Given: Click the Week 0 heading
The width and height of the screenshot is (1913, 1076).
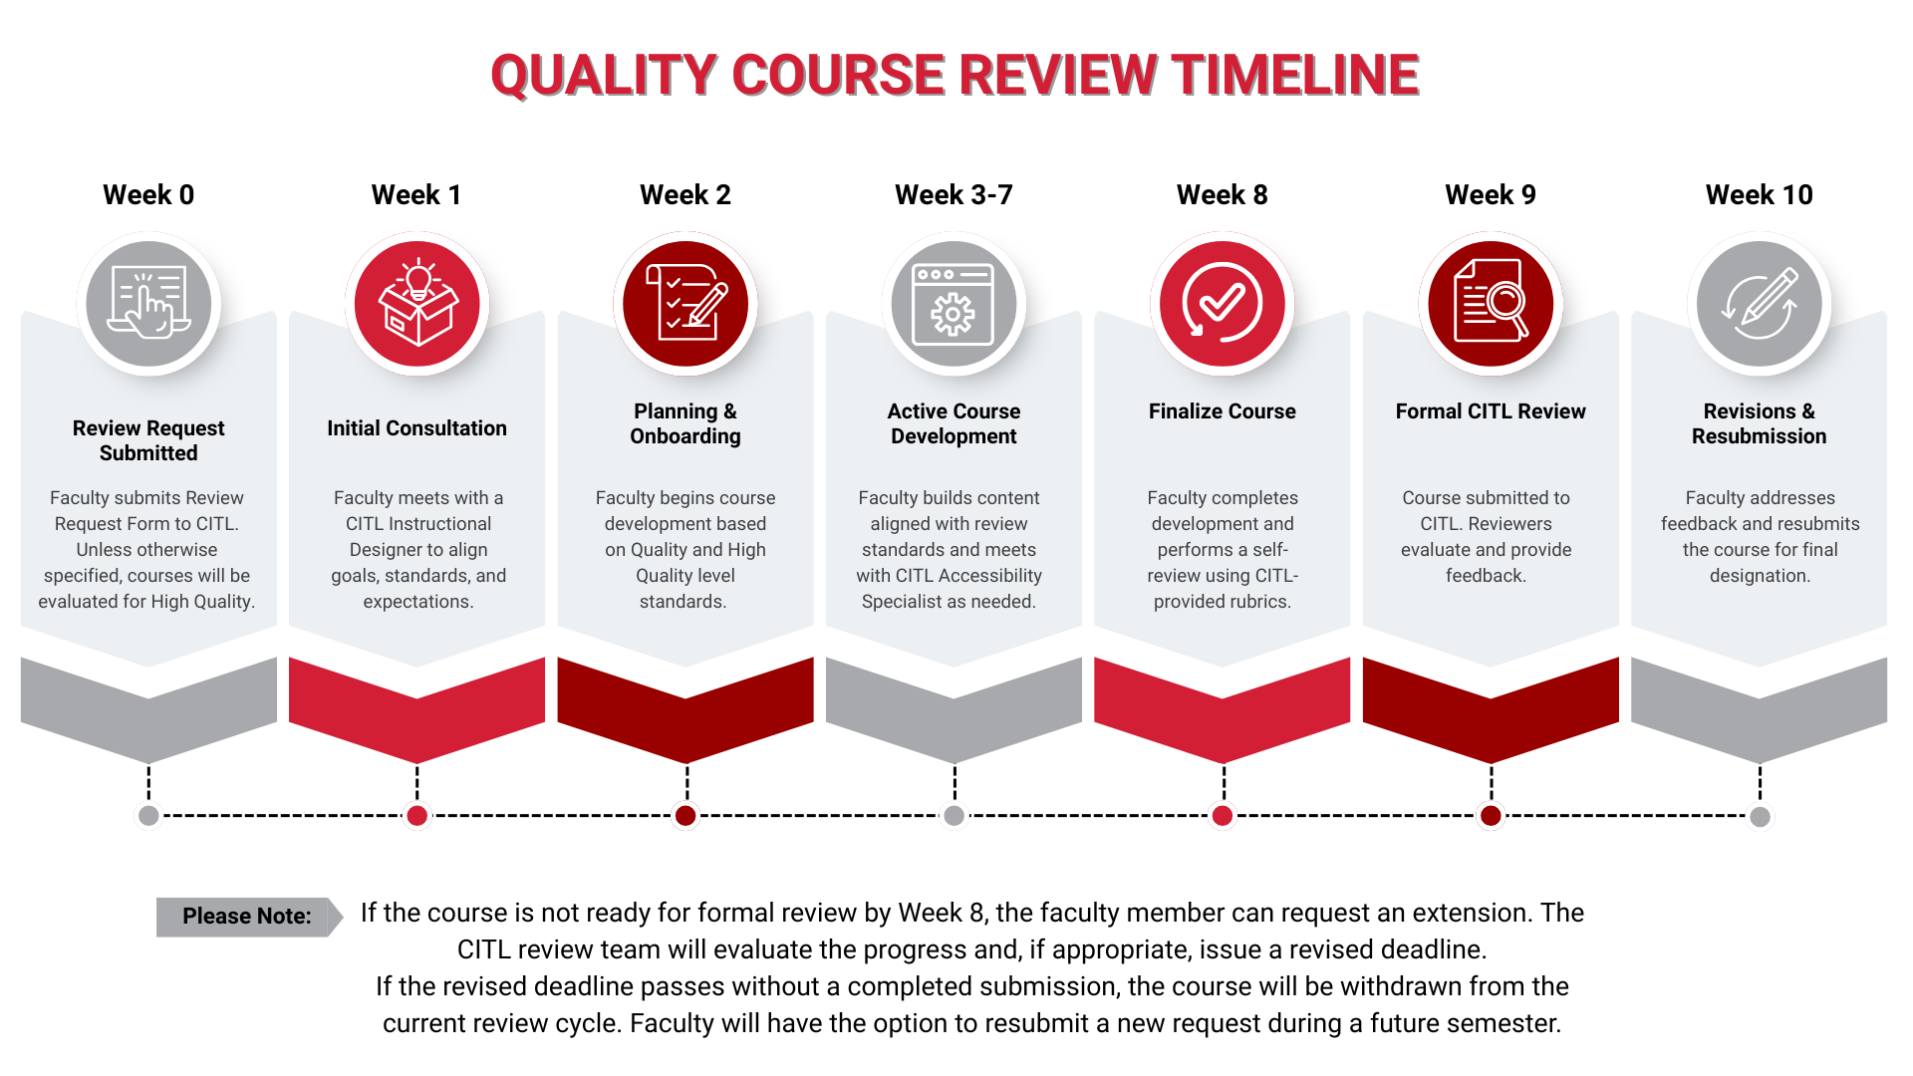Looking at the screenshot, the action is pyautogui.click(x=148, y=194).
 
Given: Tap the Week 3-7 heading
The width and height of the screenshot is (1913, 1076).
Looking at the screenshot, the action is pyautogui.click(x=954, y=194).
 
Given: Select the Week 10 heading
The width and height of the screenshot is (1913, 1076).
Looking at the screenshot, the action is pyautogui.click(x=1759, y=194).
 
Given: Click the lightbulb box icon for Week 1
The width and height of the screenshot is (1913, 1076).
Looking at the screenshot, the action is pyautogui.click(x=417, y=303).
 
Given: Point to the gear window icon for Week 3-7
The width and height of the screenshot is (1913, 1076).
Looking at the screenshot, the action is pyautogui.click(x=954, y=303).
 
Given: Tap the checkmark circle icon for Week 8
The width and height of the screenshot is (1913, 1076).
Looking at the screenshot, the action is pyautogui.click(x=1223, y=303).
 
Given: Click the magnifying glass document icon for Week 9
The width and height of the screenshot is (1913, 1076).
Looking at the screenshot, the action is pyautogui.click(x=1491, y=301).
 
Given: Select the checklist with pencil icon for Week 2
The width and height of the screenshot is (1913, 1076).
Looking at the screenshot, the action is pyautogui.click(x=685, y=302).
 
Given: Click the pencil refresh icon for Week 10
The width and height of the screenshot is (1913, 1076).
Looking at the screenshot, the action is pyautogui.click(x=1760, y=303).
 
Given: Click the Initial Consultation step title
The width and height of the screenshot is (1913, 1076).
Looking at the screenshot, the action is pyautogui.click(x=416, y=428).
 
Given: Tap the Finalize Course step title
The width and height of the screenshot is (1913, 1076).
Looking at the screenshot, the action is pyautogui.click(x=1223, y=411).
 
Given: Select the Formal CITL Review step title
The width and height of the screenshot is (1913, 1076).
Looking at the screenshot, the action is pyautogui.click(x=1491, y=411).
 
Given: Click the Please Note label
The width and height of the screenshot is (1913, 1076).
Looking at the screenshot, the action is pyautogui.click(x=247, y=917).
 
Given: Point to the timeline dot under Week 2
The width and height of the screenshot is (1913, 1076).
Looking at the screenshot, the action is pyautogui.click(x=685, y=816).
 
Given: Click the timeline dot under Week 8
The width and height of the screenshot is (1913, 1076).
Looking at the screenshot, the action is pyautogui.click(x=1223, y=816).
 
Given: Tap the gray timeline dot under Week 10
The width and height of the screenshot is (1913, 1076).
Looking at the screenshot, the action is pyautogui.click(x=1760, y=817).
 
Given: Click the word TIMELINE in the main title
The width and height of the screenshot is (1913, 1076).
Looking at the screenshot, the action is pyautogui.click(x=1295, y=76).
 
